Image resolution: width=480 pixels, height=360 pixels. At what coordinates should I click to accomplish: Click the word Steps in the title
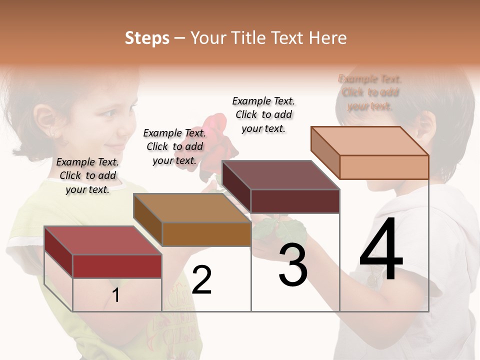147,38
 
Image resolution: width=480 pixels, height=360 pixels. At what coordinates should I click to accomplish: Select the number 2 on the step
201,280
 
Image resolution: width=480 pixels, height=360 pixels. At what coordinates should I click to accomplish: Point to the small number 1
116,295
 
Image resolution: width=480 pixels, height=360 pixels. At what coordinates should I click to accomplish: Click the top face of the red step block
102,240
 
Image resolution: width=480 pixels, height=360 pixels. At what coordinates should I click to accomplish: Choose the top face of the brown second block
191,207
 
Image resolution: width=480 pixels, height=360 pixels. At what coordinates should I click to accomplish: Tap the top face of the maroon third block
280,175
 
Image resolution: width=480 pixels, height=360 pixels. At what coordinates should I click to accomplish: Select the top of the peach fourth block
369,141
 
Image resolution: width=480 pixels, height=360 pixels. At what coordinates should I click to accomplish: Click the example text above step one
87,175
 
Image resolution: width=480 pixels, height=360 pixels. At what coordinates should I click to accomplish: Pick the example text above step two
174,146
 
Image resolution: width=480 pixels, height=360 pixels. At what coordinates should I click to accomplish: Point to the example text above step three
263,114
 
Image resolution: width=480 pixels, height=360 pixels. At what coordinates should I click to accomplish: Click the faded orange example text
370,92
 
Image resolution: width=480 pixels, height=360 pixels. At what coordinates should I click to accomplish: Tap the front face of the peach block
384,167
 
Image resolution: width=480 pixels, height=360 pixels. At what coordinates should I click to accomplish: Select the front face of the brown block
206,234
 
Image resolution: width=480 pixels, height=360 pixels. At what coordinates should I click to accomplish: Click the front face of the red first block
117,266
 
